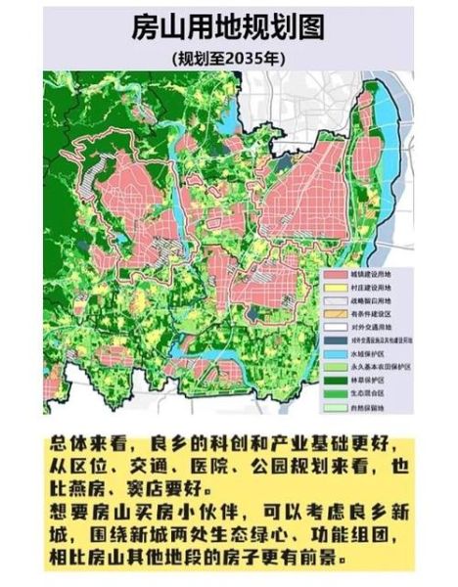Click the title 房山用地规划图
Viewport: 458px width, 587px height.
228,26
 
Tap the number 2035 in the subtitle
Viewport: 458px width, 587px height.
241,58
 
